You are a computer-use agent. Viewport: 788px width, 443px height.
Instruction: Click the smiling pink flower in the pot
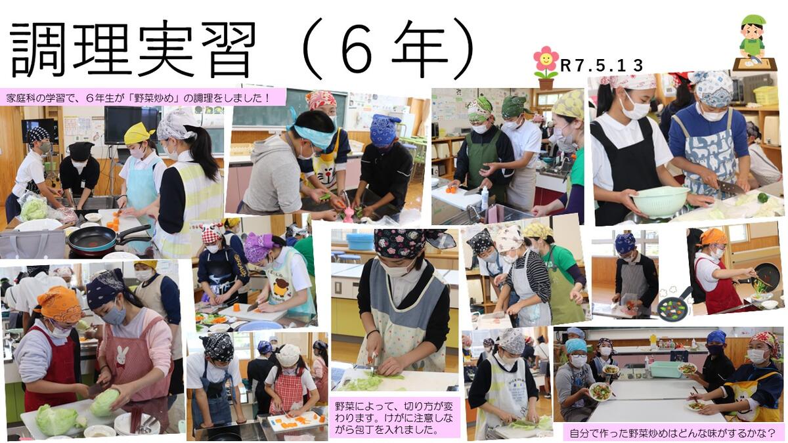(x=546, y=68)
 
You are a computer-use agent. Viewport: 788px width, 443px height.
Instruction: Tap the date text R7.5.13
(x=602, y=66)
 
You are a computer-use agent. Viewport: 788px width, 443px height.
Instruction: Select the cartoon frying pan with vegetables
(x=673, y=303)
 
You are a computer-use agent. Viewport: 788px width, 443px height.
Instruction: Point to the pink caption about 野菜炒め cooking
(x=142, y=97)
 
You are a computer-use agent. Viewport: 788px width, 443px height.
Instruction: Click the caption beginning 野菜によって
(x=394, y=417)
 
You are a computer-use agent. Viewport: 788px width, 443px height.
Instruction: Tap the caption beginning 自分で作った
(x=672, y=432)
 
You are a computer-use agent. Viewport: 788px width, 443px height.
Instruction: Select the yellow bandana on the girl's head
(x=138, y=133)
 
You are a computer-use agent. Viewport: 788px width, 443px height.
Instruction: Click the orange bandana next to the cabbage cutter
(x=59, y=304)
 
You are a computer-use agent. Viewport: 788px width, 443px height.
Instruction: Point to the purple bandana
(x=259, y=246)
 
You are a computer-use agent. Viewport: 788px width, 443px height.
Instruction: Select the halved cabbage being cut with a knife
(x=104, y=402)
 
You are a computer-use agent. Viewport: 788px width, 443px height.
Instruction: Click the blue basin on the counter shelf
(x=360, y=242)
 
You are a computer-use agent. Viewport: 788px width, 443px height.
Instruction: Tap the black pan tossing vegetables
(x=767, y=276)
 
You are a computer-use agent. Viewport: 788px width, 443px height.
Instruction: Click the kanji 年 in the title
(x=420, y=49)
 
